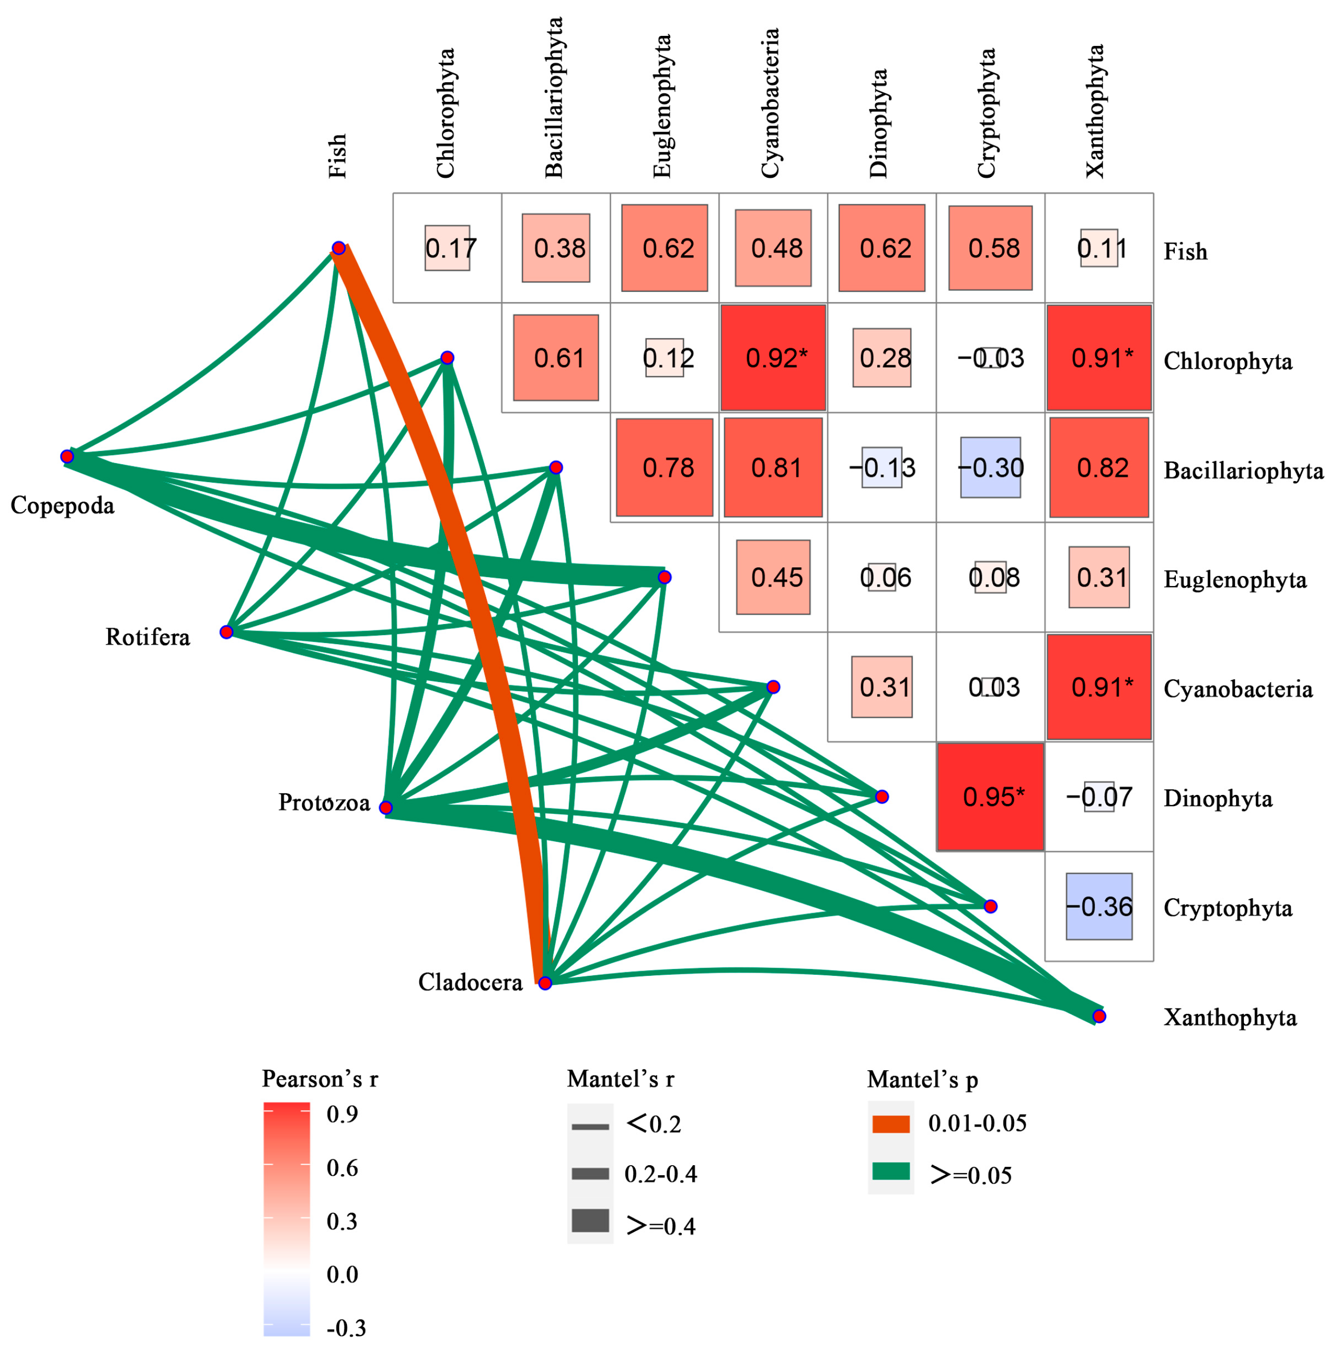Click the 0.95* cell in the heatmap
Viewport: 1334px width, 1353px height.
point(990,797)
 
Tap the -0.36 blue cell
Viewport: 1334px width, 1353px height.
point(1098,906)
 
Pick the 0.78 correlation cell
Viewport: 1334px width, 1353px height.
point(664,467)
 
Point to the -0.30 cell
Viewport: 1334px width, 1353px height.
point(990,467)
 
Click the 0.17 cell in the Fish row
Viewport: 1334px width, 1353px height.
point(447,248)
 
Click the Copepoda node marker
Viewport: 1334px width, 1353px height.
point(67,457)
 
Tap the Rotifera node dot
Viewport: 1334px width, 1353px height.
point(226,632)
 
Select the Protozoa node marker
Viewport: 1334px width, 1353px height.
point(385,808)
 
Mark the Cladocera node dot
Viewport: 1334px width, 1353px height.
point(545,983)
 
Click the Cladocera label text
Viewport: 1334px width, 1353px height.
point(470,983)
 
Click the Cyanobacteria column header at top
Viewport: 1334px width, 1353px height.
point(770,103)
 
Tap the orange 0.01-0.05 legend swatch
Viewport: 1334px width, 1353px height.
point(890,1124)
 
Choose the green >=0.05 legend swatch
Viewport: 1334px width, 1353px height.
point(890,1172)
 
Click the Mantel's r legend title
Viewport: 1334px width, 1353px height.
point(620,1079)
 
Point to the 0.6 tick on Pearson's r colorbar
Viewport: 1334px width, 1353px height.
point(342,1167)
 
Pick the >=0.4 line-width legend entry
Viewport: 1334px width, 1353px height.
point(590,1221)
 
